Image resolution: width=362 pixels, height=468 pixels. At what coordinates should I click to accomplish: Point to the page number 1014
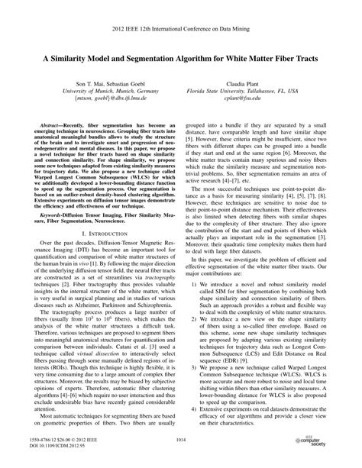(180, 441)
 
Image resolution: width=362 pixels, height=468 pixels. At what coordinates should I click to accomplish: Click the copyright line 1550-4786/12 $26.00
(63, 440)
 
